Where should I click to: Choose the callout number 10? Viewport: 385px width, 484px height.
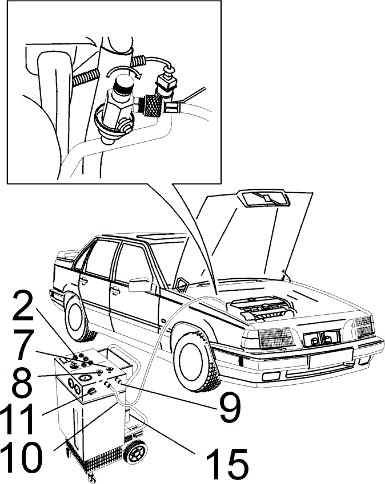pyautogui.click(x=21, y=457)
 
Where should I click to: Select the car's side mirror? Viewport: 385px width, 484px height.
pyautogui.click(x=140, y=285)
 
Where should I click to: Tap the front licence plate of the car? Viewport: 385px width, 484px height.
pyautogui.click(x=331, y=358)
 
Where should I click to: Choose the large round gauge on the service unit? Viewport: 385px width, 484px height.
pyautogui.click(x=84, y=378)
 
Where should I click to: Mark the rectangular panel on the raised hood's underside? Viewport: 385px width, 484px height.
pyautogui.click(x=264, y=198)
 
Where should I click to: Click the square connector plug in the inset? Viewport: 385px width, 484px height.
pyautogui.click(x=167, y=83)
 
